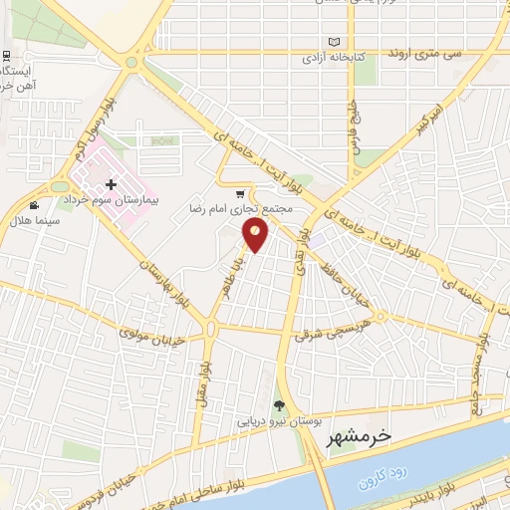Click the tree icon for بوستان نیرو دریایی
point(279,405)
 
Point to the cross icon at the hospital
point(111,184)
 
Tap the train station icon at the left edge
point(7,56)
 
